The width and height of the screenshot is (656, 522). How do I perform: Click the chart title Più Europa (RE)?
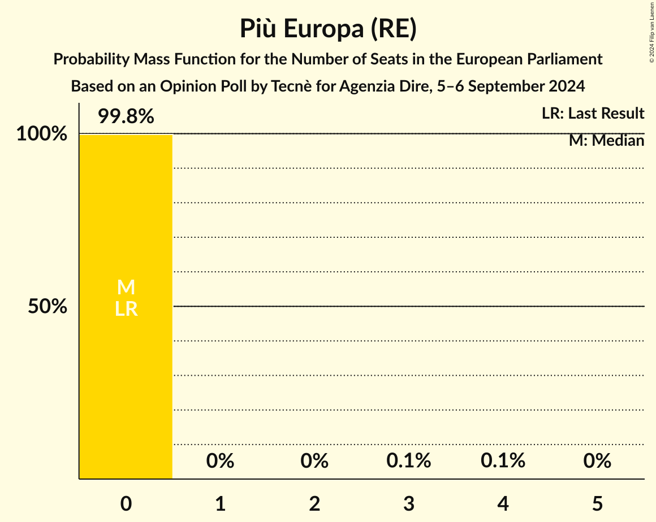(x=328, y=29)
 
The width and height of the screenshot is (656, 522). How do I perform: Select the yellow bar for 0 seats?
(x=126, y=384)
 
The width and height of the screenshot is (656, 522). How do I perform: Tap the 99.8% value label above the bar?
(x=126, y=116)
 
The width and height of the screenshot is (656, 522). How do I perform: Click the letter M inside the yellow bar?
(x=126, y=288)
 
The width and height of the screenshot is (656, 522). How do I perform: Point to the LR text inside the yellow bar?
(x=126, y=309)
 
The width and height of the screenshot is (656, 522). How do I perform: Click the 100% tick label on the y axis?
(x=41, y=134)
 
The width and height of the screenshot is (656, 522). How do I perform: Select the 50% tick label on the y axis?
(x=48, y=307)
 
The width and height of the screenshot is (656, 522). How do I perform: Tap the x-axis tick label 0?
(x=126, y=504)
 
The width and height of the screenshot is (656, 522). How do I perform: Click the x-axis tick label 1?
(x=220, y=504)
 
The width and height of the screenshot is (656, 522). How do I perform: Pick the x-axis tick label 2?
(x=314, y=504)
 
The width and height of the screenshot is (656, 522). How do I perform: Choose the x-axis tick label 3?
(x=409, y=504)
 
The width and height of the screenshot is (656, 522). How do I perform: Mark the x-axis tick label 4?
(x=503, y=504)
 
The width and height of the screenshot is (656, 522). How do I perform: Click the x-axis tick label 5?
(x=598, y=504)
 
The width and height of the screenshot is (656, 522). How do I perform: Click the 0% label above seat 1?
(x=220, y=461)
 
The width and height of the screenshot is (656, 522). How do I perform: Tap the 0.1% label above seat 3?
(x=409, y=461)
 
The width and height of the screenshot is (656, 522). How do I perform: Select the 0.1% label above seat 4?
(x=503, y=461)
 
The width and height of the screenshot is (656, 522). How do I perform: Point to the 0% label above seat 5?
(x=598, y=461)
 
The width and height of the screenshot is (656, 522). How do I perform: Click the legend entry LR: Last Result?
(x=593, y=114)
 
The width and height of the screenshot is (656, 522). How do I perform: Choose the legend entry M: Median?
(x=606, y=141)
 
